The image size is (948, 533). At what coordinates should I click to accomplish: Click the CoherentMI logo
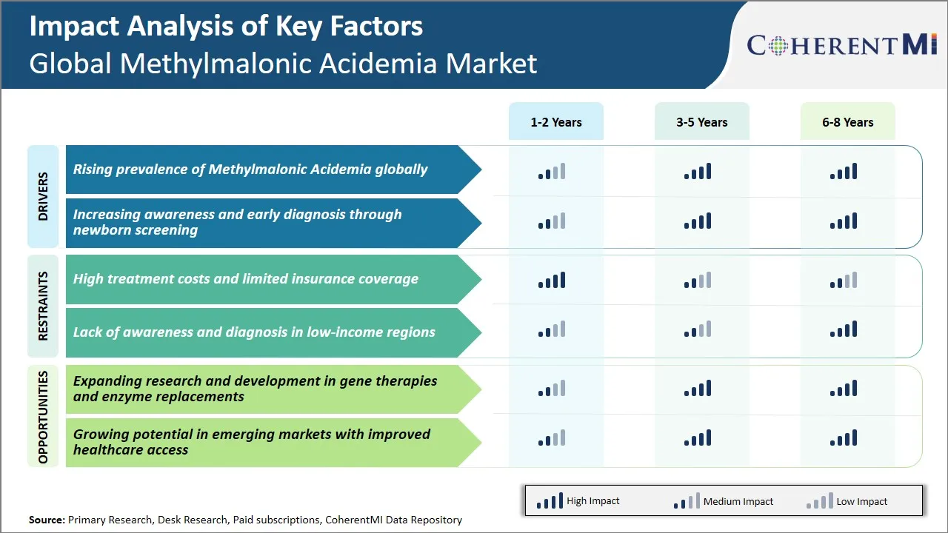point(843,45)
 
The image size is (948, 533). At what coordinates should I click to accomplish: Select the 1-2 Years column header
point(555,122)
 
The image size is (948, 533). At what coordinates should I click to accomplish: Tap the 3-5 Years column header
point(701,122)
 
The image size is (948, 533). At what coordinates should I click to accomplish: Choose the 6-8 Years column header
point(847,122)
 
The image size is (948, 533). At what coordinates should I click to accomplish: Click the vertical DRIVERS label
point(43,197)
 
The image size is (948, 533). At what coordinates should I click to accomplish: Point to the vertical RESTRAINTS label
point(43,306)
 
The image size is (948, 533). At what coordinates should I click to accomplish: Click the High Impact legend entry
point(578,501)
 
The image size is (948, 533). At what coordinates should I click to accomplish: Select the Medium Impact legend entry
point(723,501)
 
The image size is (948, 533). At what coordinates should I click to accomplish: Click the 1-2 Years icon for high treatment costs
point(552,280)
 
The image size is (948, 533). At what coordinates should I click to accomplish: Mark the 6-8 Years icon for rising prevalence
point(844,172)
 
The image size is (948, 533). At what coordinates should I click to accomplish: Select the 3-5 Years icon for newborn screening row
point(698,221)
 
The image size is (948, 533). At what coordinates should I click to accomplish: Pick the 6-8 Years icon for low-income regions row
point(844,329)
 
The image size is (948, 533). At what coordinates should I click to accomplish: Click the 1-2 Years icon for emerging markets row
point(552,438)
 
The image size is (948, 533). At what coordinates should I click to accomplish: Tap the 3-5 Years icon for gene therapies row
point(698,388)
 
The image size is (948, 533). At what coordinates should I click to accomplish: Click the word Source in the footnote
point(46,520)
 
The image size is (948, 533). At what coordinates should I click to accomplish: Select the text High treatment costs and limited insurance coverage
point(245,279)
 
